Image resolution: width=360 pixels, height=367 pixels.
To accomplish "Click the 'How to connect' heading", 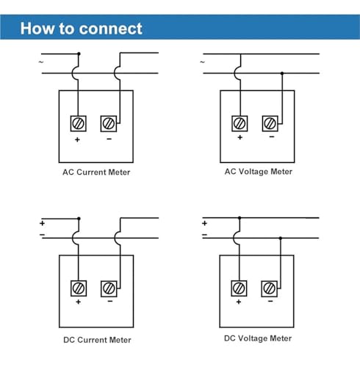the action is tap(81, 29).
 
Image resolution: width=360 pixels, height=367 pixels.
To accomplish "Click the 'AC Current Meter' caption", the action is tap(96, 172).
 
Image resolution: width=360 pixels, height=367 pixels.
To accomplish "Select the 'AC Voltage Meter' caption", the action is tap(259, 172).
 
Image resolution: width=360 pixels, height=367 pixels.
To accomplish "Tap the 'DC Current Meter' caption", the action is tap(97, 340).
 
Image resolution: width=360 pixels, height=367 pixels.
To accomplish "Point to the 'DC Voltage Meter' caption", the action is tap(258, 338).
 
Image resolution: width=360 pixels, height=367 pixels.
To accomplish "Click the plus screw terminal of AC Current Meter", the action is tap(79, 123).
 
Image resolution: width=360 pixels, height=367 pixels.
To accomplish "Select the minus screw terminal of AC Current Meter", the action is tap(109, 123).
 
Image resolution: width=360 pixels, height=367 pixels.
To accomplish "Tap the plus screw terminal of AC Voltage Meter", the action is tap(240, 123).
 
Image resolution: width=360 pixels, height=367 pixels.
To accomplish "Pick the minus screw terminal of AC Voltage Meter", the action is tap(270, 123).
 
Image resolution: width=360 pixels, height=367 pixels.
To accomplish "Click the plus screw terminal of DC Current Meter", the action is tap(79, 288).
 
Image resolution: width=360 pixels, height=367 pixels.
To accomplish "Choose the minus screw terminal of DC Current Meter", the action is tap(109, 288).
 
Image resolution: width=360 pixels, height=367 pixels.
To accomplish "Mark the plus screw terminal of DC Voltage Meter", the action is tap(240, 288).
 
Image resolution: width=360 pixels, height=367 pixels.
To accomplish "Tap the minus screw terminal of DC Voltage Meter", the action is tap(270, 288).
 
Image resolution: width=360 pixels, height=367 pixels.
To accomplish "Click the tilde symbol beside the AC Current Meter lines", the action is tap(41, 62).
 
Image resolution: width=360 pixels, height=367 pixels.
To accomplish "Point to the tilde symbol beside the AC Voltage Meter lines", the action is tap(202, 62).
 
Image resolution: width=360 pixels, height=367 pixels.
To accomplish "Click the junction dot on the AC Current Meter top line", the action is tap(79, 54).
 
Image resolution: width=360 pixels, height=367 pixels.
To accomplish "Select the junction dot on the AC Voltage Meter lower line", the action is tap(282, 73).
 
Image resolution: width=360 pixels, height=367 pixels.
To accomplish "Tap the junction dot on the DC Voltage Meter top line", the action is tap(240, 218).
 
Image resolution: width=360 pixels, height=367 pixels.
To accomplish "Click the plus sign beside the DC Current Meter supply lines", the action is tap(42, 223).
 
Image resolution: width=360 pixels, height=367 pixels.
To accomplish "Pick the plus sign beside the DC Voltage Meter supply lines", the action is tap(205, 223).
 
